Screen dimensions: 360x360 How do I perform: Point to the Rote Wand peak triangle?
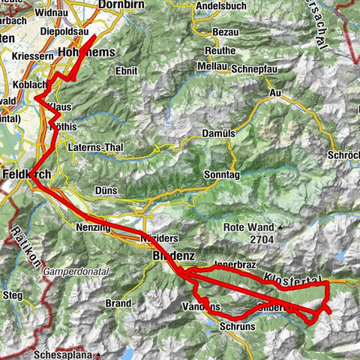tap(280, 226)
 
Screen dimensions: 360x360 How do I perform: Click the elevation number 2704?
tap(256, 240)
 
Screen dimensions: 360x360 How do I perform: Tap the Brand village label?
tap(118, 304)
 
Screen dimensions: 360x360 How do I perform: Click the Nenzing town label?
tap(93, 226)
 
